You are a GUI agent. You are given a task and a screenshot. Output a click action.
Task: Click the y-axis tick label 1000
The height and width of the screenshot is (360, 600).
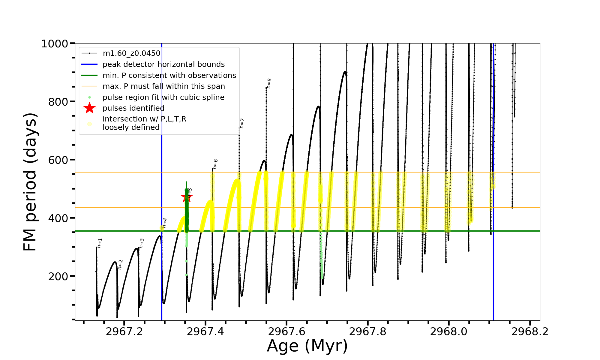(54, 44)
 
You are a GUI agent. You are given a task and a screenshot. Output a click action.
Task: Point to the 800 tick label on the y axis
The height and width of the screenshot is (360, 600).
(58, 102)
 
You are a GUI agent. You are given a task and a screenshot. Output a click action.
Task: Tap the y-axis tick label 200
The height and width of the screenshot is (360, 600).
(58, 276)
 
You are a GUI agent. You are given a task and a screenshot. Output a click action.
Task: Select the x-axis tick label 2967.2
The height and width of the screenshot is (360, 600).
(124, 331)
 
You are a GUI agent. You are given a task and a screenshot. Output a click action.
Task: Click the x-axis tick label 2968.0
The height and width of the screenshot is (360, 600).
(448, 331)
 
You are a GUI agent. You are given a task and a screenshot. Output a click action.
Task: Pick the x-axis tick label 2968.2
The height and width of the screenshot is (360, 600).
(530, 331)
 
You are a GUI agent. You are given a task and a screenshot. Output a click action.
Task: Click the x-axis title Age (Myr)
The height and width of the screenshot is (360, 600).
(307, 346)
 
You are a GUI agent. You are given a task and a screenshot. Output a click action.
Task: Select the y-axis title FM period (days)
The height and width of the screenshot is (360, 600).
(30, 182)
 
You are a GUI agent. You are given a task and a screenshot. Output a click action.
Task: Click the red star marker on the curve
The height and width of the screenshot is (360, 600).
(187, 197)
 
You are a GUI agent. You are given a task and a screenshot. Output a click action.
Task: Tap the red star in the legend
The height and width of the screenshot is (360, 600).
(89, 108)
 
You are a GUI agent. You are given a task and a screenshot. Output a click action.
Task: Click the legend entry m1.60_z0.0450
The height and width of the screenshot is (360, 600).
(131, 53)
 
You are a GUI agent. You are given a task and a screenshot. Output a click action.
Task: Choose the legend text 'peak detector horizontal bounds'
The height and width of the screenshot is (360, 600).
(163, 64)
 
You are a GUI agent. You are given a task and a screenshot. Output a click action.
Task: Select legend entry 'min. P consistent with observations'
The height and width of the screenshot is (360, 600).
(169, 75)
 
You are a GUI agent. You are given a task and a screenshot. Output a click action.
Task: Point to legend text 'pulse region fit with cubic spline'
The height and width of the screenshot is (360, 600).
(163, 97)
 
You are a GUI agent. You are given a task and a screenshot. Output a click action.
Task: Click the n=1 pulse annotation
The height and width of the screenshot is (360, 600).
(100, 243)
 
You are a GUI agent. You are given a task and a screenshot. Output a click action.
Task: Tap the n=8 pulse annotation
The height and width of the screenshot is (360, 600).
(269, 83)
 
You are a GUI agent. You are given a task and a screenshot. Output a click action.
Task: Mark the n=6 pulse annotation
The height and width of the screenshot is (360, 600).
(215, 164)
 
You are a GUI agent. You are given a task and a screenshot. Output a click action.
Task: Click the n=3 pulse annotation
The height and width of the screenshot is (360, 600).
(142, 243)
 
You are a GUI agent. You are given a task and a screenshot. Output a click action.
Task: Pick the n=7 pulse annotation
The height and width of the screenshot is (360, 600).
(242, 123)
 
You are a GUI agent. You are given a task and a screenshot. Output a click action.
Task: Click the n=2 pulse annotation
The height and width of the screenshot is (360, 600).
(120, 265)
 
